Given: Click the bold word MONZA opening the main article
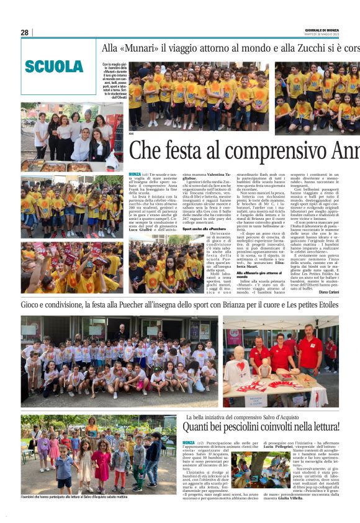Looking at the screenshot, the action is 135,174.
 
